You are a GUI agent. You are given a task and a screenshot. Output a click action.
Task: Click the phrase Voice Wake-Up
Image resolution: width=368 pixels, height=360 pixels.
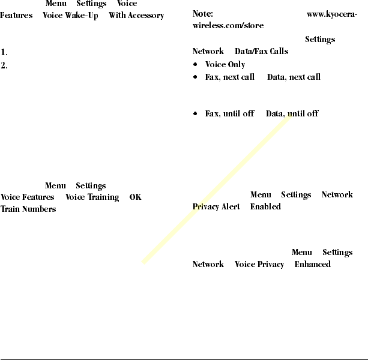coord(70,15)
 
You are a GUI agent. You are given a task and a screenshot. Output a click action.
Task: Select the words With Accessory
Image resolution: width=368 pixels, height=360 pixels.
coord(136,15)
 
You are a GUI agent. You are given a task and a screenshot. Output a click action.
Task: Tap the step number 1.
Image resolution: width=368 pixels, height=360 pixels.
coord(4,53)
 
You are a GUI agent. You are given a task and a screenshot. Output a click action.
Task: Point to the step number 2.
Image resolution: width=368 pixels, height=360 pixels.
coord(4,65)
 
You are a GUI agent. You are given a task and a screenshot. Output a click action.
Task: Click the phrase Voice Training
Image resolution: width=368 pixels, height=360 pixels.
coord(91,197)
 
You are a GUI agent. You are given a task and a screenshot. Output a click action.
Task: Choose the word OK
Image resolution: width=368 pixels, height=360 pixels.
coord(135,197)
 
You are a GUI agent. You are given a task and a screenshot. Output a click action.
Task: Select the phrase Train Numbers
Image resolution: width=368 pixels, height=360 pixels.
coord(28,209)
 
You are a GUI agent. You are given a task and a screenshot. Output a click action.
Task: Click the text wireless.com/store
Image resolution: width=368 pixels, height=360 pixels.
coord(228,26)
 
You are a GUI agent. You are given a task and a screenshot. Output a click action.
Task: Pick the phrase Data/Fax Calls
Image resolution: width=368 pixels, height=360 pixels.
coord(261,52)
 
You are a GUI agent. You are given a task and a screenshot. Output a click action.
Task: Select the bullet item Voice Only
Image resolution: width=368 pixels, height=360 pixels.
coord(225,65)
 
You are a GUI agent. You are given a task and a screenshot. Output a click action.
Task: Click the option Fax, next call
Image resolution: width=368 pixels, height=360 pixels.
coord(230,77)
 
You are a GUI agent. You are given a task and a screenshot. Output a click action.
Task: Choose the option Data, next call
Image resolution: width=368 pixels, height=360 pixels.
coord(294,77)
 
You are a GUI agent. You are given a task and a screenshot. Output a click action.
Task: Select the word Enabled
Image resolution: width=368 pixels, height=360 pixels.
coord(265,207)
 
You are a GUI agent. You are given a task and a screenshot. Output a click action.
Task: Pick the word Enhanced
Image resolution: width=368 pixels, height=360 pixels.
coord(312,265)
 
